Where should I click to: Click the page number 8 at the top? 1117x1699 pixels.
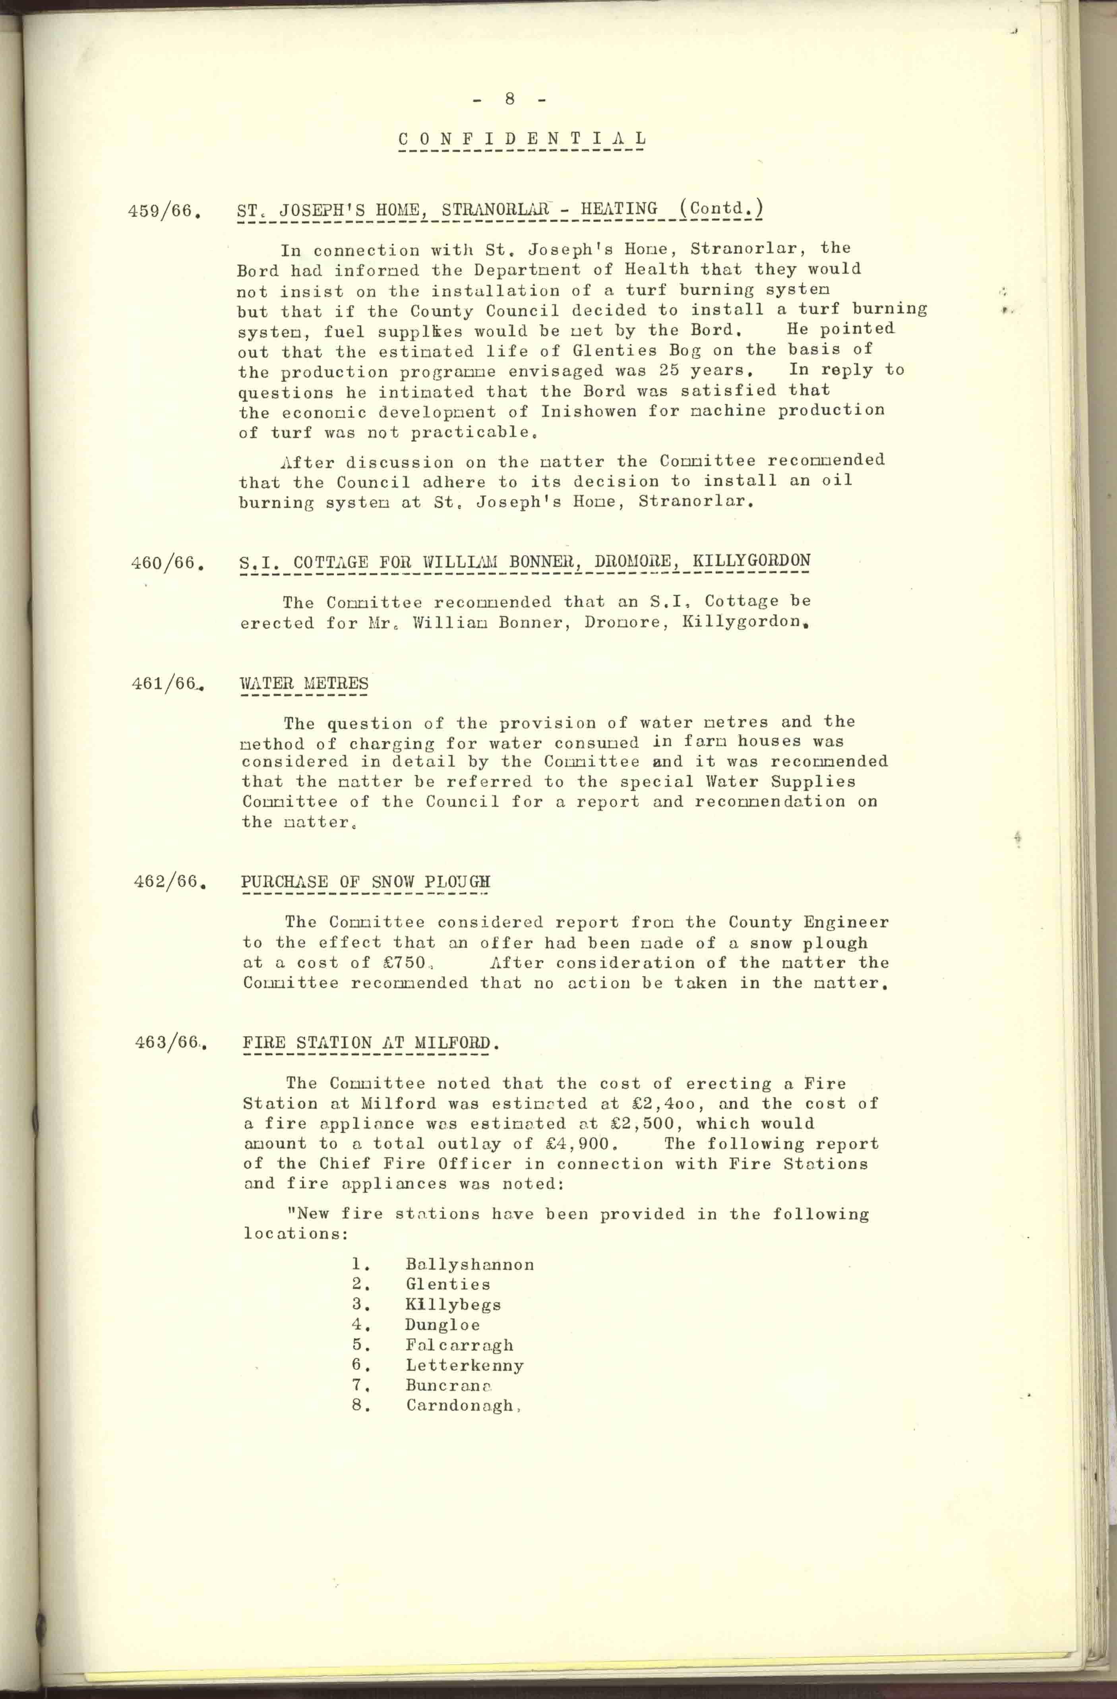tap(509, 99)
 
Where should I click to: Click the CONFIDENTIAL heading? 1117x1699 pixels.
tap(522, 139)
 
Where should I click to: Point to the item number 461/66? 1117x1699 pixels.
tap(165, 683)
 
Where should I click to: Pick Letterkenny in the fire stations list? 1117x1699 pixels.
tap(465, 1366)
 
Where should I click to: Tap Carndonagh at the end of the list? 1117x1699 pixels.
tap(460, 1406)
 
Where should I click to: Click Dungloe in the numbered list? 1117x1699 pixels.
tap(443, 1325)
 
